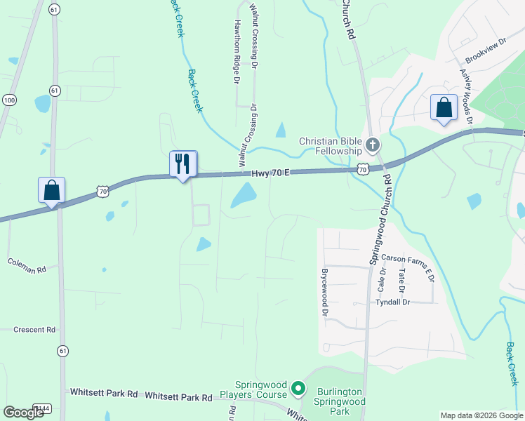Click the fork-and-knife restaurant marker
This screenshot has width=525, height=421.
point(183,164)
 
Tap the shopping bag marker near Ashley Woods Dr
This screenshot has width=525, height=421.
point(444,108)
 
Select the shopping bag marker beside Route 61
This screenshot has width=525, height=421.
point(52,190)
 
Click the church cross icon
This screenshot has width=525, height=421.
point(372,146)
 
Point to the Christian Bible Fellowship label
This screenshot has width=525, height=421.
point(330,146)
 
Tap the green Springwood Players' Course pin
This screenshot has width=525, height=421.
point(298,387)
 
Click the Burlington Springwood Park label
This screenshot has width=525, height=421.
point(340,401)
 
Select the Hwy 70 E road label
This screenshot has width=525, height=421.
point(271,172)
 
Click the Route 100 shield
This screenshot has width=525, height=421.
point(9,100)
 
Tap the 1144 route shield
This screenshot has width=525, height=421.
point(43,408)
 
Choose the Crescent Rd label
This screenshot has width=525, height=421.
point(33,329)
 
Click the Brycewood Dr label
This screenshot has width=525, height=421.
point(324,292)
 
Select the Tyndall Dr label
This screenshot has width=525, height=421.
point(391,302)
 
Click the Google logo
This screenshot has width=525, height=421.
point(24,413)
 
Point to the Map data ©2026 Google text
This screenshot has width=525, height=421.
point(481,415)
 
